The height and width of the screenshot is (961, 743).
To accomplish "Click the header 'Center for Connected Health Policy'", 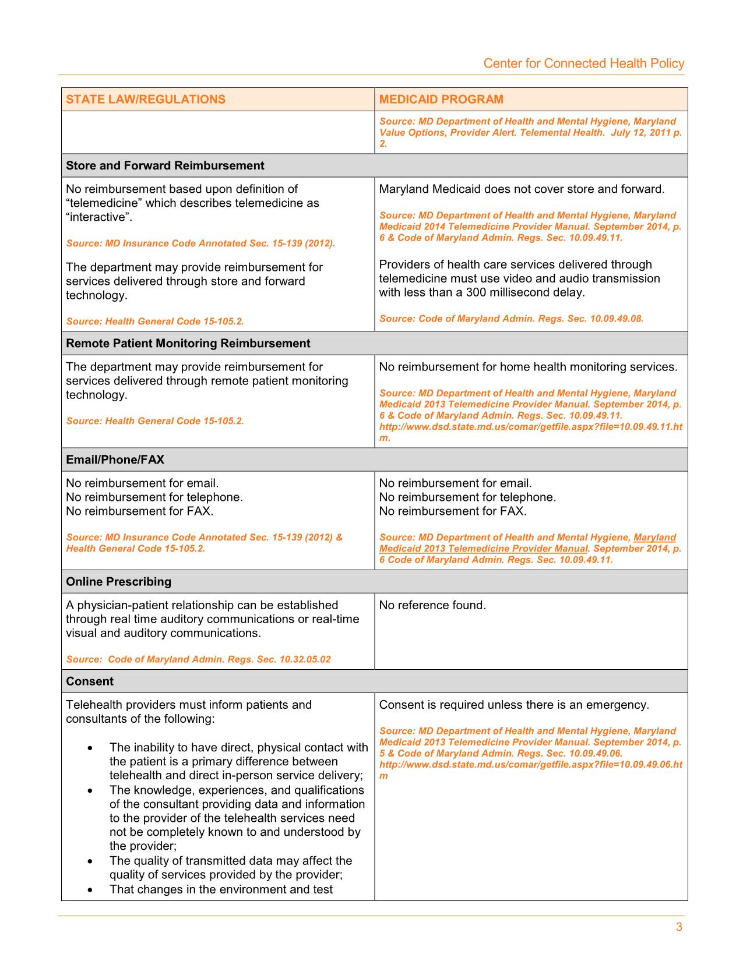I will click(x=583, y=63).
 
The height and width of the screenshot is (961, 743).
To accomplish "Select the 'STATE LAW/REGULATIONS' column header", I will click(x=146, y=100).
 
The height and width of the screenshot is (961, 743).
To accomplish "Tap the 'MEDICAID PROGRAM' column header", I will click(x=441, y=100).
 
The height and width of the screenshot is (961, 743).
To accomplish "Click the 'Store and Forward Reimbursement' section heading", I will click(x=165, y=166).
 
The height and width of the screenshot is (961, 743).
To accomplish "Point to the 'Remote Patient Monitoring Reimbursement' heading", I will click(x=188, y=344).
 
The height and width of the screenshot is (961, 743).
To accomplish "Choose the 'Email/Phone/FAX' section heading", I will click(x=115, y=460).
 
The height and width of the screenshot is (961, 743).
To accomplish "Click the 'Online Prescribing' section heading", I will click(x=119, y=582).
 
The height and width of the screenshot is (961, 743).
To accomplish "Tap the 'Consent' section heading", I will click(x=90, y=681).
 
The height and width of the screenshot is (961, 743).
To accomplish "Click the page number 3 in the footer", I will click(x=679, y=928).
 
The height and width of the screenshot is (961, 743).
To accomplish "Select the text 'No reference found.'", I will click(x=432, y=606).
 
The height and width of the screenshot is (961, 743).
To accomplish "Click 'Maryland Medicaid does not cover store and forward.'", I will click(x=522, y=189).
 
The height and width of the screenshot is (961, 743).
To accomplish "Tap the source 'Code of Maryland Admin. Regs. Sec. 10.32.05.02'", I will click(x=219, y=659).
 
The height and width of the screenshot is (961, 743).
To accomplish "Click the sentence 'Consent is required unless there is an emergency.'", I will click(x=513, y=705).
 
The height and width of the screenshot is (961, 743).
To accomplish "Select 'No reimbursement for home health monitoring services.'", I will click(x=528, y=367).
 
